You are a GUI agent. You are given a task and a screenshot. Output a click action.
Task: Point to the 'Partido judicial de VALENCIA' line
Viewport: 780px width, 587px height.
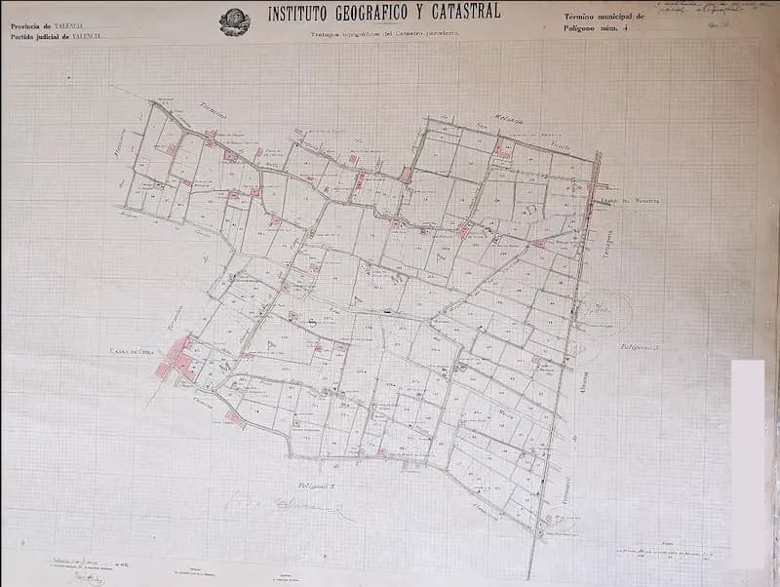(56, 36)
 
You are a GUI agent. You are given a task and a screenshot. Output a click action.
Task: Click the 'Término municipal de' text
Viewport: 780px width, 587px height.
(604, 18)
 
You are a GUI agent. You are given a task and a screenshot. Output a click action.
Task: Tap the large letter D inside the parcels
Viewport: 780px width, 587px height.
(532, 207)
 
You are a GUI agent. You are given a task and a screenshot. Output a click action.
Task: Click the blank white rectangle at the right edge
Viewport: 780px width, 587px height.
(748, 459)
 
